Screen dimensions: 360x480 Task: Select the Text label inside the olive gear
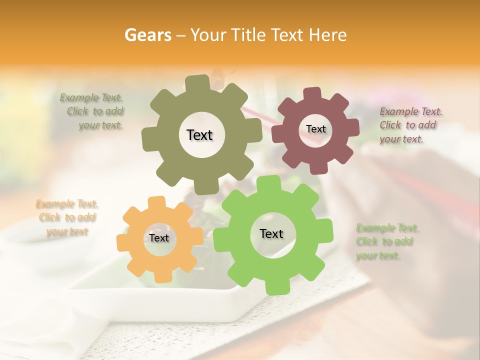(x=199, y=135)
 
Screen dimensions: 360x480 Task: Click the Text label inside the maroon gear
(x=315, y=129)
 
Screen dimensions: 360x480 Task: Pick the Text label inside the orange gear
(x=159, y=238)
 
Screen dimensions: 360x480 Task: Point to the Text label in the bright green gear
(x=271, y=233)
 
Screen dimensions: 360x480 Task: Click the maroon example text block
(x=410, y=125)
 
